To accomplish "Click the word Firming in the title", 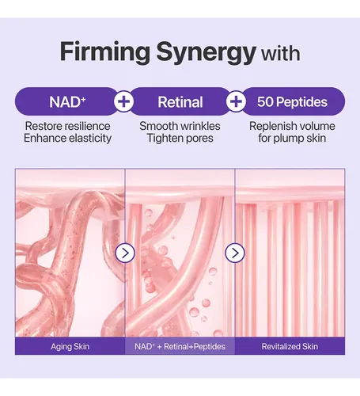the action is click(x=105, y=52).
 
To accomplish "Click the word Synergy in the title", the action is click(x=207, y=53).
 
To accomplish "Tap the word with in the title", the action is click(x=280, y=54).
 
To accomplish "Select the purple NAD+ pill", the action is click(x=66, y=101).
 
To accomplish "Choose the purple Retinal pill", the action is click(x=180, y=101).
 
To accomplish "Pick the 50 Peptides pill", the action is click(x=293, y=101).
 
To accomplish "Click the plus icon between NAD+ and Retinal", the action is click(x=123, y=101).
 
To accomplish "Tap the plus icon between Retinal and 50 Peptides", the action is click(x=236, y=101).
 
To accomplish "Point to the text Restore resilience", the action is click(x=67, y=126).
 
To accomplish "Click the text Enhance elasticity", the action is click(x=67, y=138).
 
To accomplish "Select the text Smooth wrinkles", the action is click(x=180, y=126).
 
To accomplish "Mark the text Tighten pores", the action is click(x=180, y=139).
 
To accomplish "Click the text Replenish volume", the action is click(x=292, y=126).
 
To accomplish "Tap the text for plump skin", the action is click(x=292, y=139).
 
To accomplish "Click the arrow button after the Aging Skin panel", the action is click(x=125, y=253).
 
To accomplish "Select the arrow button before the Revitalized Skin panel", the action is click(x=235, y=253).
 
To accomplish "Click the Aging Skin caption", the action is click(x=70, y=346).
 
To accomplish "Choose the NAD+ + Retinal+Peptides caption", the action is click(x=180, y=346).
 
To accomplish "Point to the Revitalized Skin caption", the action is click(x=290, y=346).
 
